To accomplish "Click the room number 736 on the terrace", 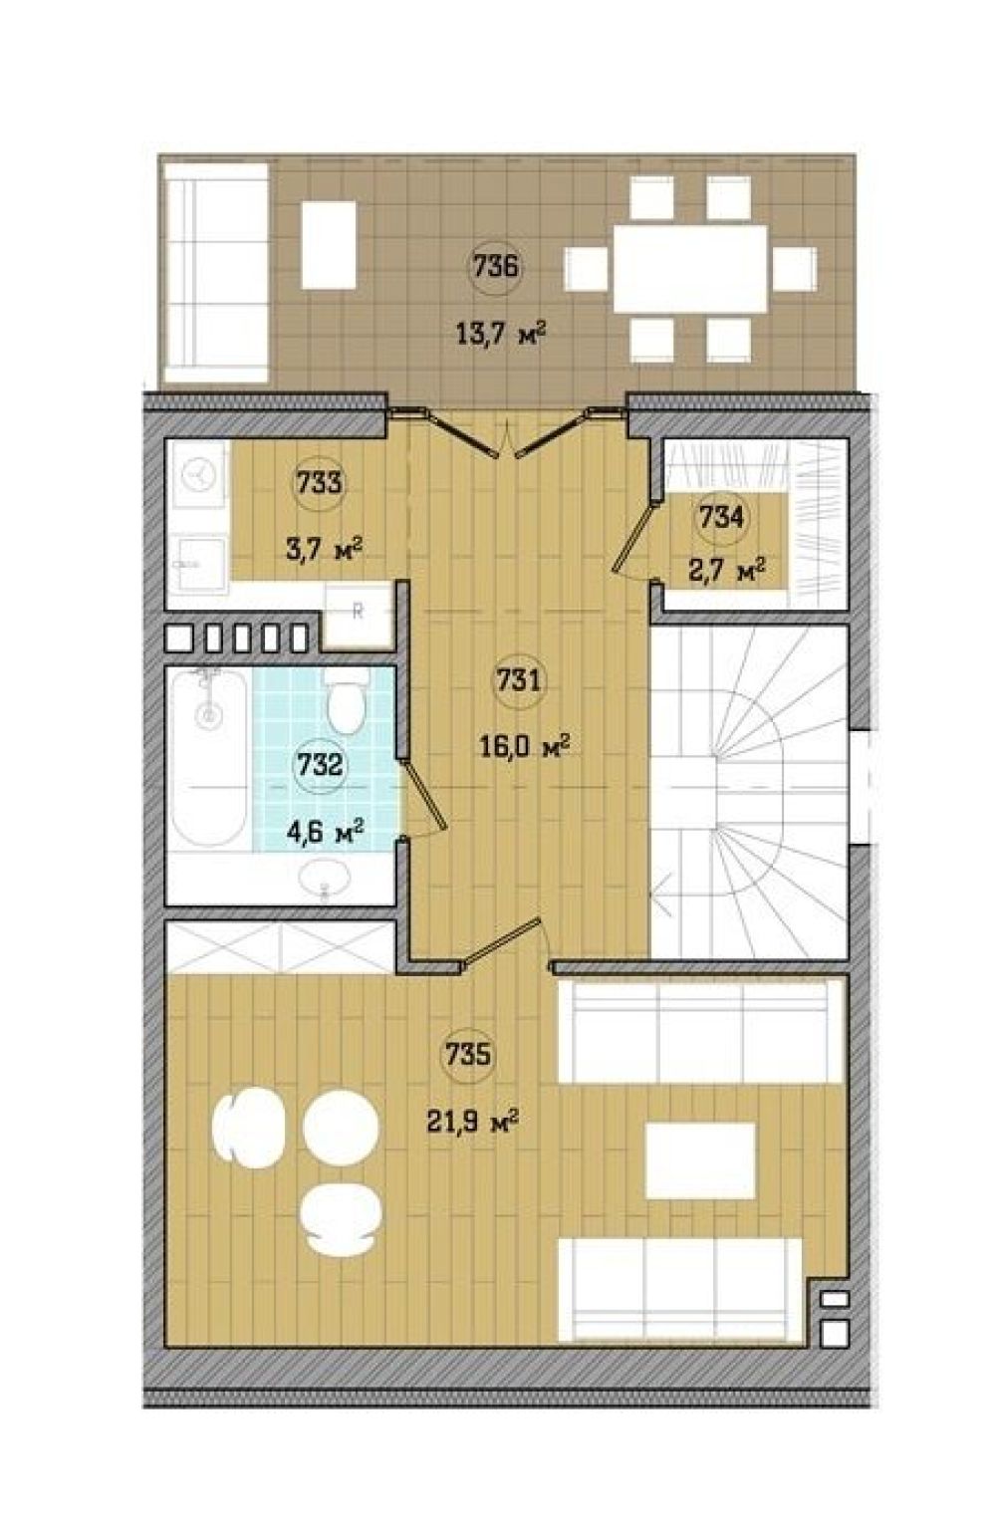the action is pos(495,267).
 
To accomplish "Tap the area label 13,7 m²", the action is pos(500,335).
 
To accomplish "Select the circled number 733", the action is pos(319,483).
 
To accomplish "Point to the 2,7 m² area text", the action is pos(727,571).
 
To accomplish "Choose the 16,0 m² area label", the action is pos(526,746).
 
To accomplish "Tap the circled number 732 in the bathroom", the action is pos(319,765).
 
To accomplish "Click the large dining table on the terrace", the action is pos(689,269).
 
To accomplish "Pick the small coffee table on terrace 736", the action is pos(329,245).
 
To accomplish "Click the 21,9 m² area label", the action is pos(473,1123).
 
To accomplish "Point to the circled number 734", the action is pos(721,517).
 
